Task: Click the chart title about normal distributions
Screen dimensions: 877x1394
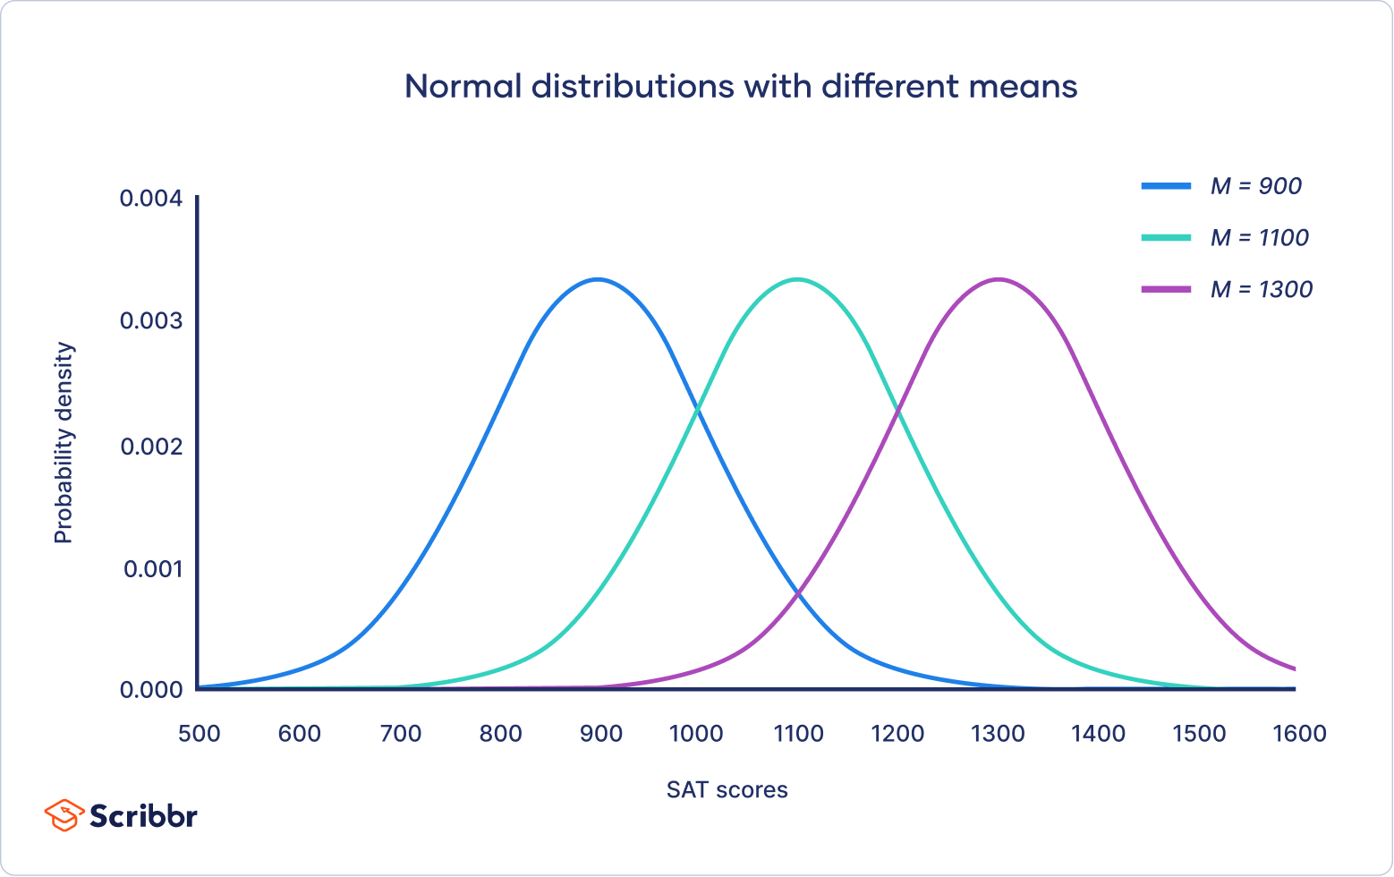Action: tap(741, 87)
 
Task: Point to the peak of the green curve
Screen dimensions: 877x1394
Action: tap(797, 280)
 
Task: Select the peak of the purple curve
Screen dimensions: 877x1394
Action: tap(998, 280)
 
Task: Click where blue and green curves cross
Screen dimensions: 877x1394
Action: tap(697, 410)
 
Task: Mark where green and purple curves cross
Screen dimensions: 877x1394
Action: tap(897, 410)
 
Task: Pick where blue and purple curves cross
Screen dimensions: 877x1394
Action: tap(798, 592)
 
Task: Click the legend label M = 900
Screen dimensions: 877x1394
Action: tap(1255, 186)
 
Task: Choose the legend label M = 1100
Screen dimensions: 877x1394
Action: tap(1259, 238)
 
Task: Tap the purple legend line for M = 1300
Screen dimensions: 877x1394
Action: tap(1166, 289)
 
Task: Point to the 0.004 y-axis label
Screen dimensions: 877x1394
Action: tap(151, 198)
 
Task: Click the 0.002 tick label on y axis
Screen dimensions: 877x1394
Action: tap(151, 446)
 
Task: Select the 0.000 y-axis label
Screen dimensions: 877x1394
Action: tap(151, 689)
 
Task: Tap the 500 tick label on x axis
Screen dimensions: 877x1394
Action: tap(199, 734)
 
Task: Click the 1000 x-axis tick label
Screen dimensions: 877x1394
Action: tap(696, 734)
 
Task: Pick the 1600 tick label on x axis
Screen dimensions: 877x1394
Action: tap(1299, 734)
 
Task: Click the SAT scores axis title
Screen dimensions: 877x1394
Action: tap(727, 790)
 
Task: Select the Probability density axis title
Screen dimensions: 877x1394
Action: tap(64, 443)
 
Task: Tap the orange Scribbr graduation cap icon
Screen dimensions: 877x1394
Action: tap(64, 815)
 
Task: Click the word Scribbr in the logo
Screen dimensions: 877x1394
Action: tap(143, 816)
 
